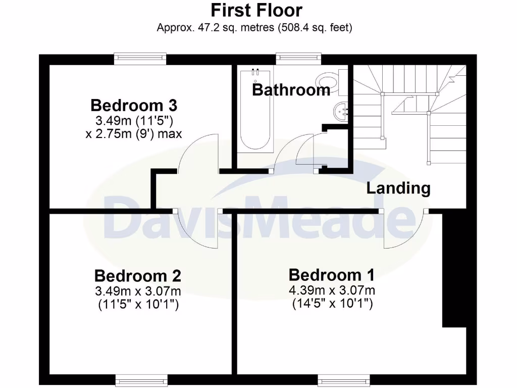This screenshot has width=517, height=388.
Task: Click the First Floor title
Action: point(256,10)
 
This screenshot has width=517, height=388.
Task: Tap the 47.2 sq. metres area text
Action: point(254,27)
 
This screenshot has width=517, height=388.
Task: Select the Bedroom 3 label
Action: point(134,106)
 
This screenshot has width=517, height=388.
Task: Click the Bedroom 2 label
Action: point(137,276)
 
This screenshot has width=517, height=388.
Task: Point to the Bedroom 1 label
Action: point(332,275)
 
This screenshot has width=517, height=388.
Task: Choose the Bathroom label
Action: point(291,90)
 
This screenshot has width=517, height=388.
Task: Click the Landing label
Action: point(398,188)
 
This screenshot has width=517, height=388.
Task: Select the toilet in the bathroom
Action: point(329,81)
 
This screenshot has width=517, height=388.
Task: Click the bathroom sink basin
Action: point(340,110)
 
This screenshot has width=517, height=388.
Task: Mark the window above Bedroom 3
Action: point(140,59)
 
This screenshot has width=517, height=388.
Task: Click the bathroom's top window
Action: point(299,59)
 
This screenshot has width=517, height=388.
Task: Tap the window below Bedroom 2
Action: point(141,380)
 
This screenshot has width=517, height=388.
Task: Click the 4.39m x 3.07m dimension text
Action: point(332,290)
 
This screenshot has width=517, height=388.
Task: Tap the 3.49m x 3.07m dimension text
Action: point(137,291)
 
